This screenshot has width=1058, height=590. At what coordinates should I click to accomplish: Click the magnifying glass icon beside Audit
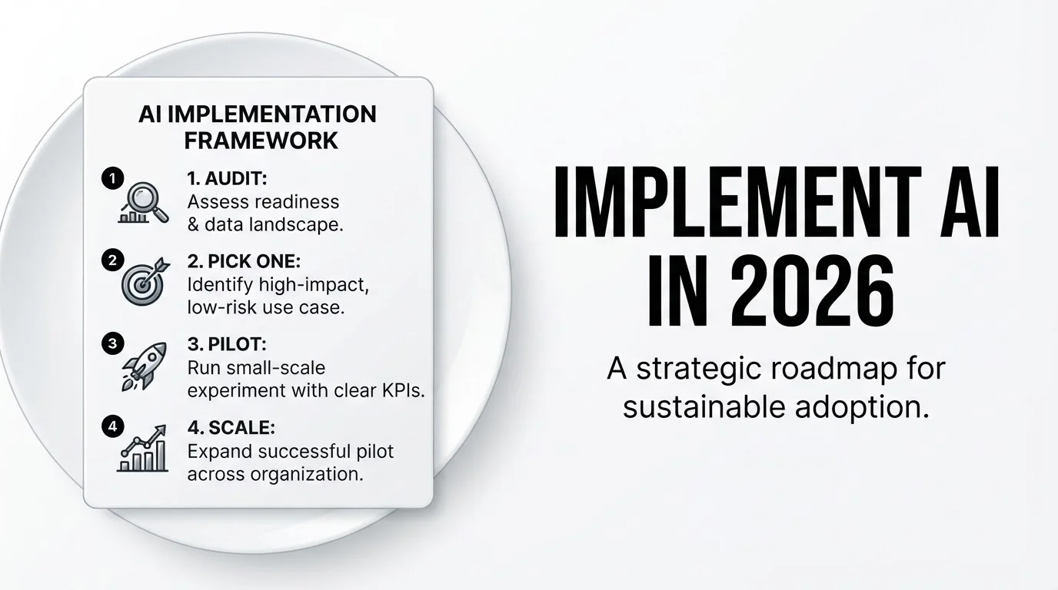(144, 203)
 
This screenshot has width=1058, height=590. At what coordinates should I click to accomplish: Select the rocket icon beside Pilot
(145, 366)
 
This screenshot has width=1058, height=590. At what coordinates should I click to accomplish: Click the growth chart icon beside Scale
(142, 449)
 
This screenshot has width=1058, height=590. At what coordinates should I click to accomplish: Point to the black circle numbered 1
(113, 178)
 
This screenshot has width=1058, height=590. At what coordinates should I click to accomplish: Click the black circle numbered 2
(113, 260)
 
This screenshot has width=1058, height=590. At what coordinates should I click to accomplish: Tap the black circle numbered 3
(113, 343)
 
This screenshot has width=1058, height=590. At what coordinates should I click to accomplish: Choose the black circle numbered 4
(113, 426)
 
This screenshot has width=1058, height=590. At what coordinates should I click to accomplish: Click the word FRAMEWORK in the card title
(261, 141)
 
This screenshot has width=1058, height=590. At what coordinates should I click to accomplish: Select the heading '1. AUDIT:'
(227, 178)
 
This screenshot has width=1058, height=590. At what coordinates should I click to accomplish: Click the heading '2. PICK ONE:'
(244, 261)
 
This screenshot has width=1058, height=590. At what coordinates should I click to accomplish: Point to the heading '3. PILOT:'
(227, 344)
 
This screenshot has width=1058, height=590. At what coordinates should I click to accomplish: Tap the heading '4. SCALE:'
(231, 428)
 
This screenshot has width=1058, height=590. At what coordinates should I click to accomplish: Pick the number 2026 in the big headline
(813, 292)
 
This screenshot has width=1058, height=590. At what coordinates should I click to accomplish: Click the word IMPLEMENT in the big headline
(737, 201)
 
